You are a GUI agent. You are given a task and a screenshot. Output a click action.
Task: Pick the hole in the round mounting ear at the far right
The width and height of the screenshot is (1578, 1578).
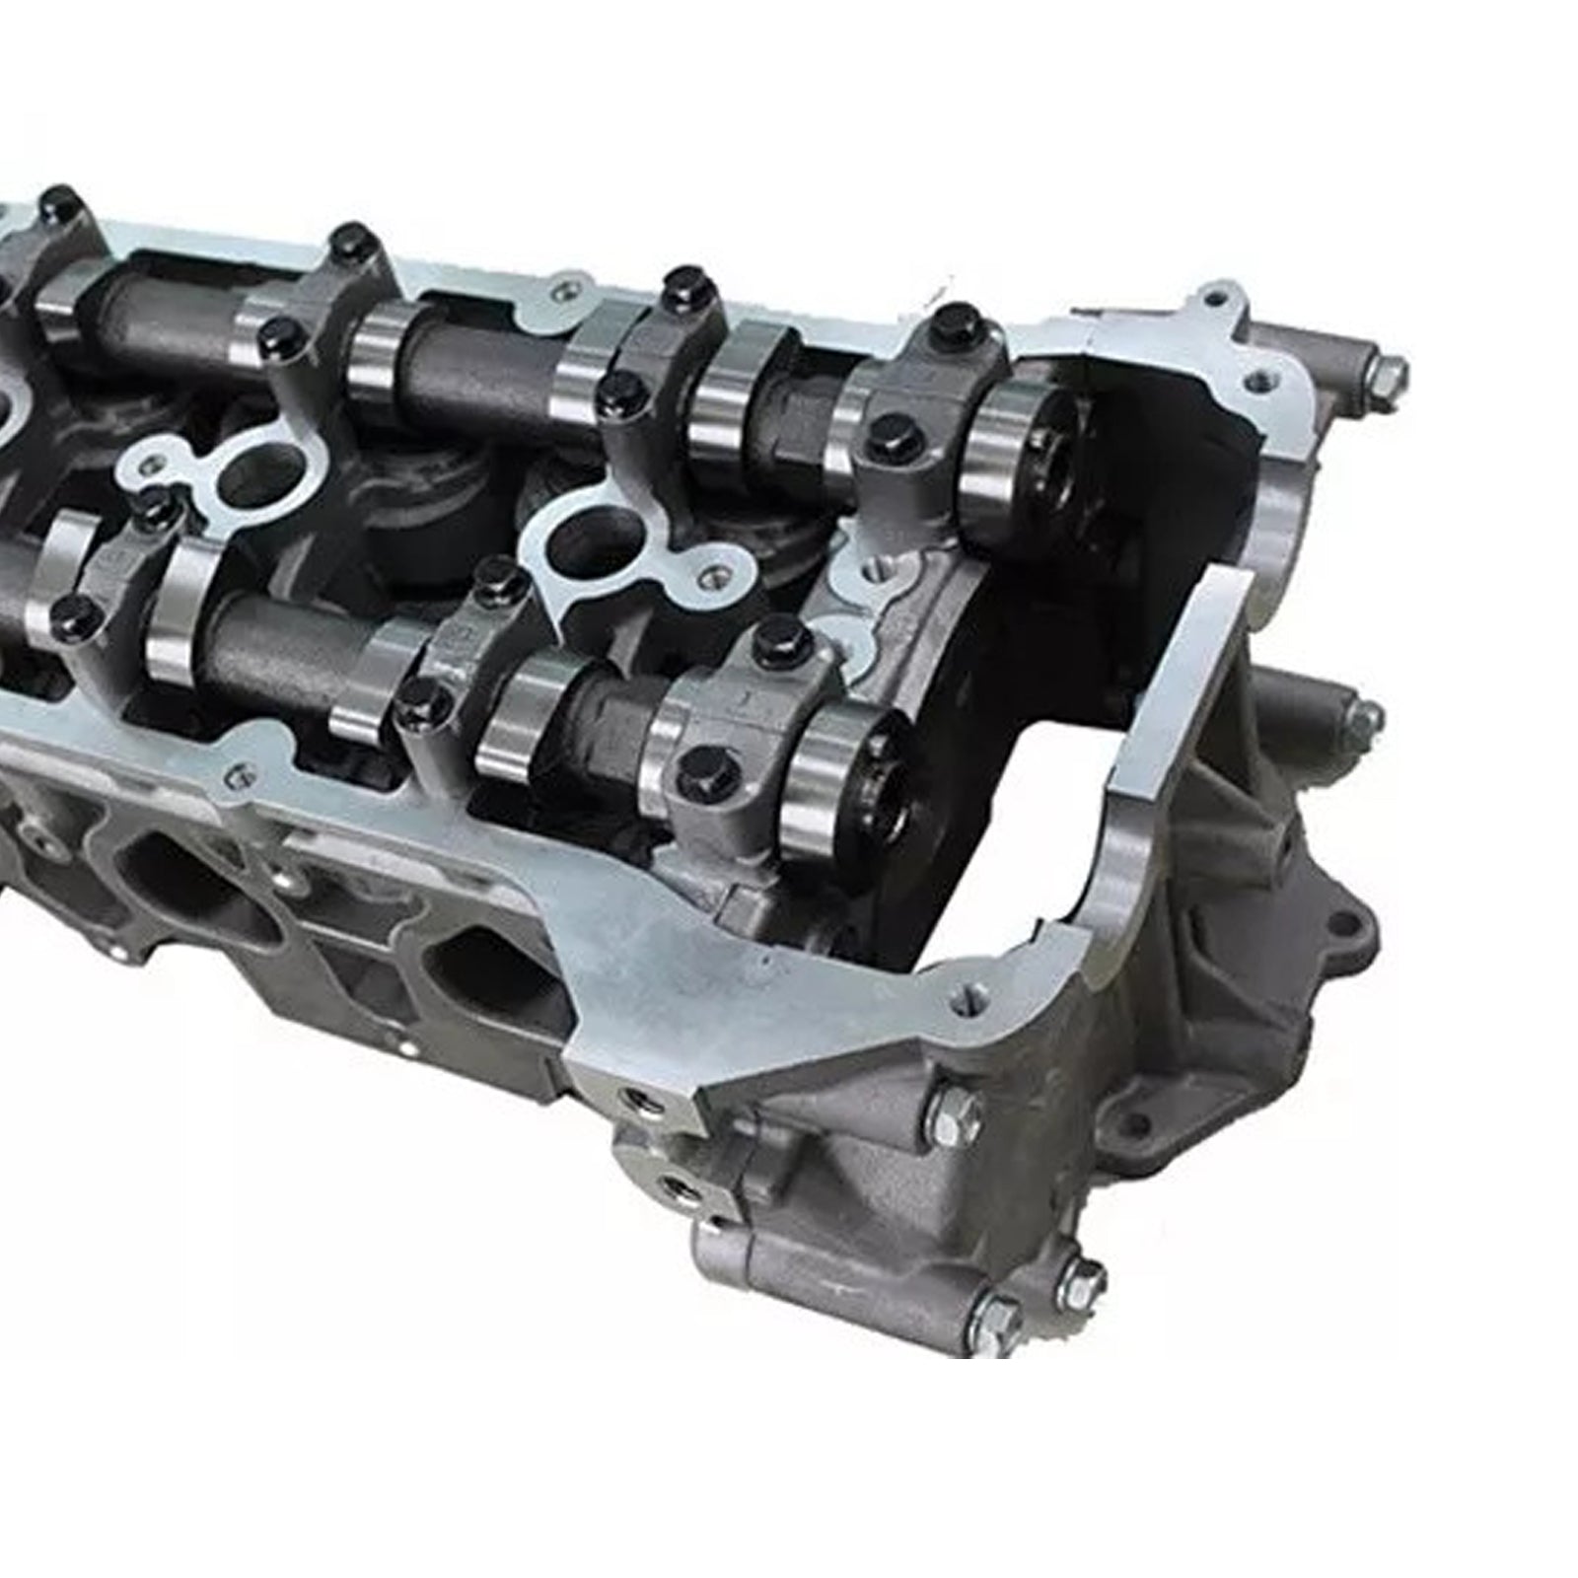click(x=1341, y=925)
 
